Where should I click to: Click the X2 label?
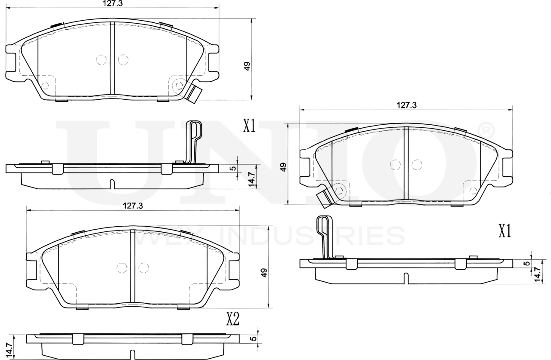click(x=233, y=319)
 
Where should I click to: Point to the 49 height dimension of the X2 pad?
click(x=264, y=272)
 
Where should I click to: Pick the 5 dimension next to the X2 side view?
click(x=254, y=338)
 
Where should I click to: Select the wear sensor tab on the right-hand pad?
click(x=324, y=199)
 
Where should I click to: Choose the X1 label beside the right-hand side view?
click(x=505, y=231)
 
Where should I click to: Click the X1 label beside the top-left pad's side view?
click(x=250, y=126)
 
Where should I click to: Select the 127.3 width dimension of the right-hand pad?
click(x=407, y=105)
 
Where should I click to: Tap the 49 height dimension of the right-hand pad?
click(x=283, y=167)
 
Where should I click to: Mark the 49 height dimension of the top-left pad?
click(x=247, y=66)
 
